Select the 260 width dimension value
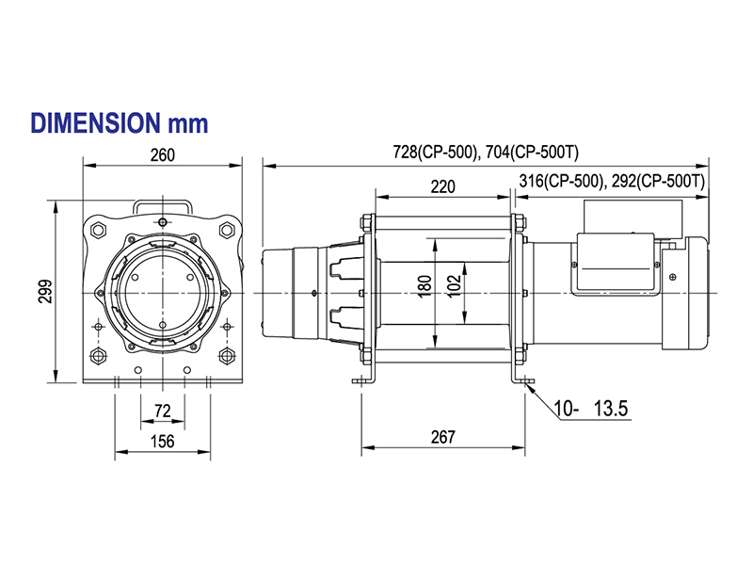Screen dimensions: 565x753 pyautogui.click(x=162, y=156)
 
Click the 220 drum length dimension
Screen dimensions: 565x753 pyautogui.click(x=442, y=187)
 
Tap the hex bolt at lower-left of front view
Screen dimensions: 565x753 pyautogui.click(x=99, y=355)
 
